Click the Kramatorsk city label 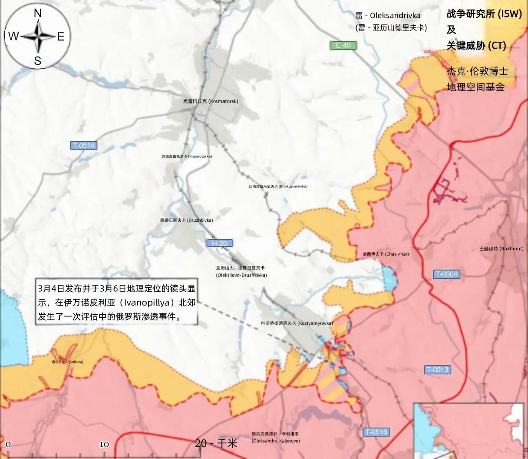211,101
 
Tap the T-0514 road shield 84,146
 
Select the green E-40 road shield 343,45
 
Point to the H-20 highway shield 219,243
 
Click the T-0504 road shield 447,274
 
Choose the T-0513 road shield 437,370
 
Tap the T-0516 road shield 376,432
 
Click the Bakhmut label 501,249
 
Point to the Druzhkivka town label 187,220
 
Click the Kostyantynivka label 297,323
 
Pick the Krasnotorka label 187,156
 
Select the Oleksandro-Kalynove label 275,437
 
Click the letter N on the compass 38,13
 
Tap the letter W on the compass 13,37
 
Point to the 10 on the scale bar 104,445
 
